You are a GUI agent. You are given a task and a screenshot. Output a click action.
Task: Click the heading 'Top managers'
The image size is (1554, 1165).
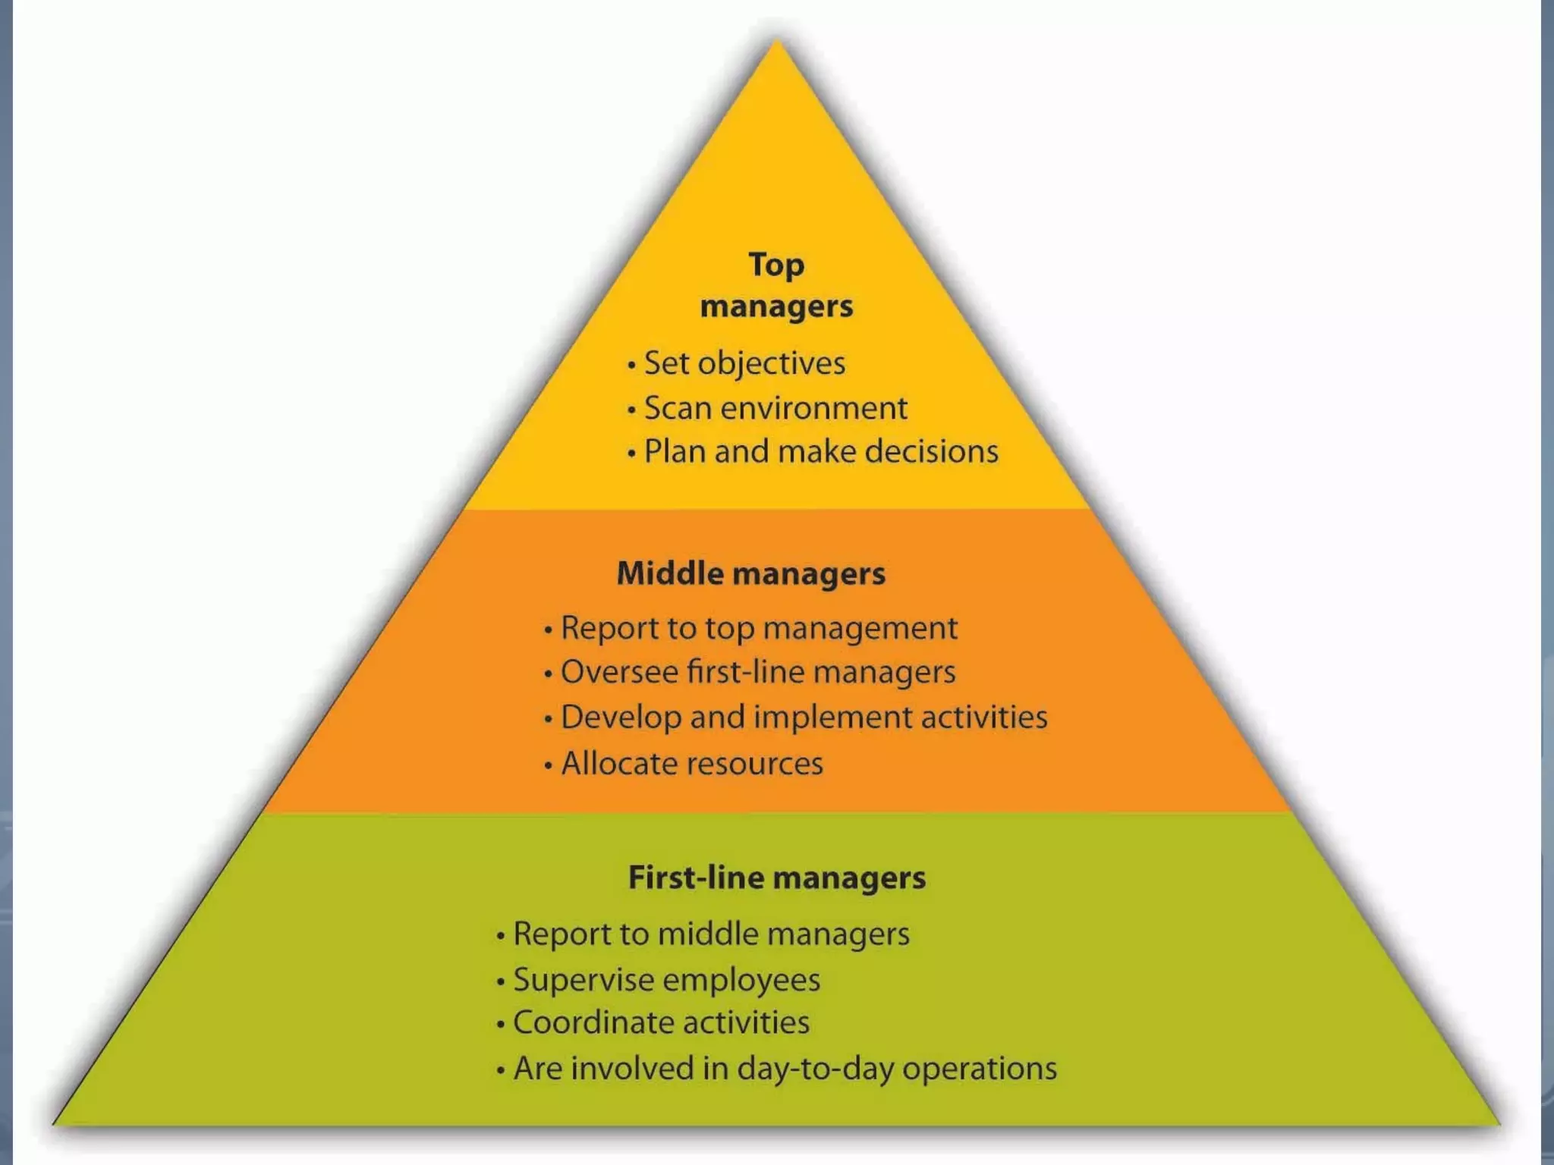(776, 286)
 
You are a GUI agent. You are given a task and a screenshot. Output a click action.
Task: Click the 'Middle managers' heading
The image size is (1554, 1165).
(750, 573)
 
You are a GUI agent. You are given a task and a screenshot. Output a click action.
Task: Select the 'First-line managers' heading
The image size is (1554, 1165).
(777, 878)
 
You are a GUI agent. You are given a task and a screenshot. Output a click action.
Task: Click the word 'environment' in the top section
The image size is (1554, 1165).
(813, 408)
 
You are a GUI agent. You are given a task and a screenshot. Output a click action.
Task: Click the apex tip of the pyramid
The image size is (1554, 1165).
(776, 44)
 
